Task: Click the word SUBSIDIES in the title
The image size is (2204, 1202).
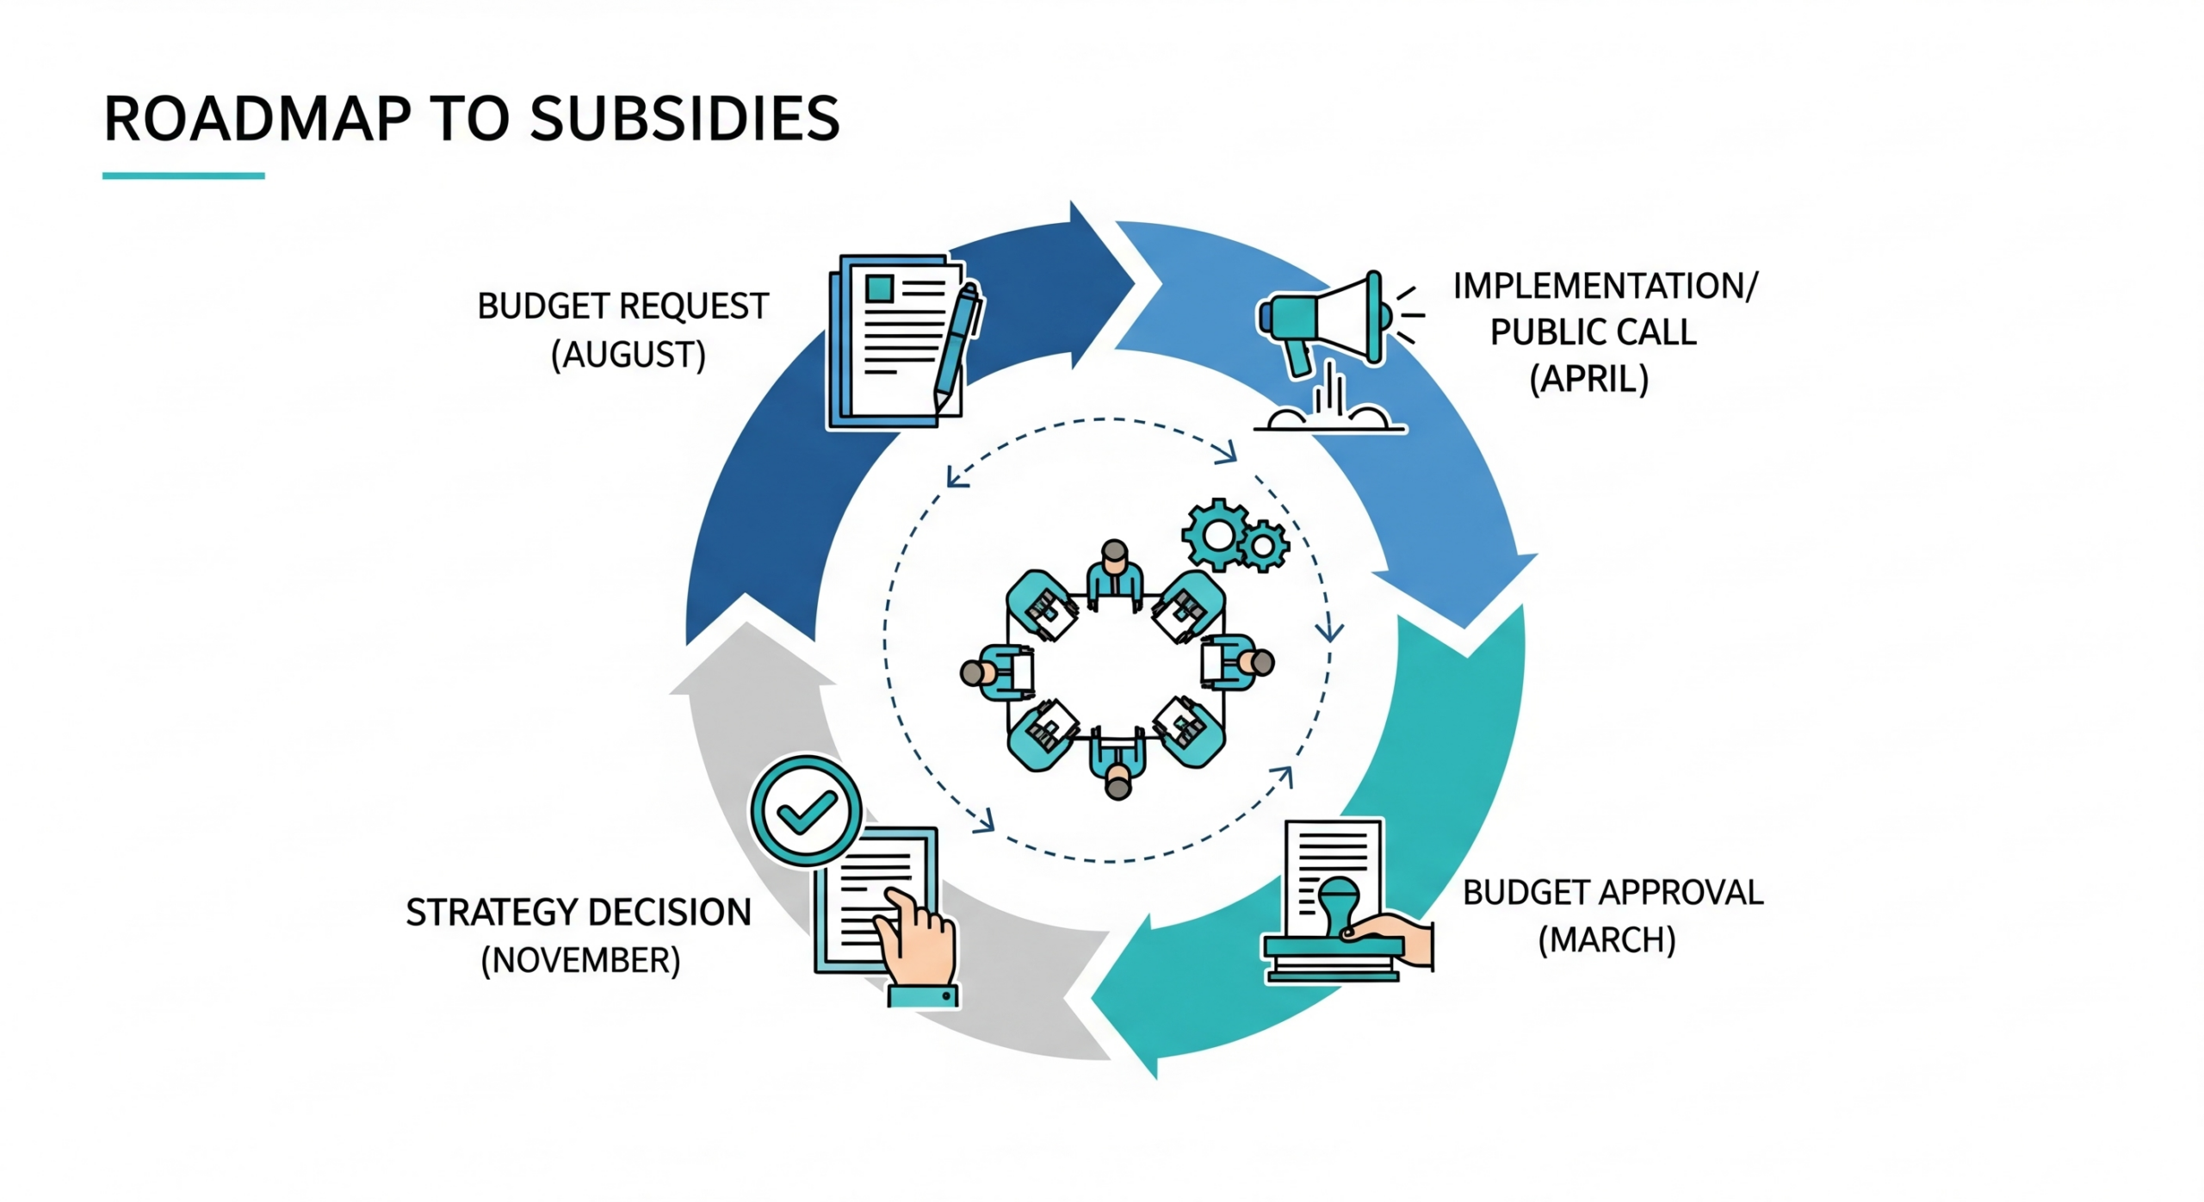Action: click(684, 119)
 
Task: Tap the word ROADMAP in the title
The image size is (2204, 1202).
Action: click(257, 119)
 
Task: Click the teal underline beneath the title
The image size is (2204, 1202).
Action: click(183, 176)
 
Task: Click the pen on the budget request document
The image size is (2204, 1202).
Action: click(958, 344)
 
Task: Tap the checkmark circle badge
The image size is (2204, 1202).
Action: click(806, 810)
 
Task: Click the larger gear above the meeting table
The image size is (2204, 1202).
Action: click(1217, 535)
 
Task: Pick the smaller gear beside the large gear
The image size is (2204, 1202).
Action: click(1263, 546)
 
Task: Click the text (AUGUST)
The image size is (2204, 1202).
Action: click(628, 355)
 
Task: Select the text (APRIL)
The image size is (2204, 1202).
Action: click(1588, 379)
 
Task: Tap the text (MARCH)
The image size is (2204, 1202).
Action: click(1607, 939)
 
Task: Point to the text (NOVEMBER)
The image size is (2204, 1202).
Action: click(580, 960)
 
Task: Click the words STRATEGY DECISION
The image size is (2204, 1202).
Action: click(579, 913)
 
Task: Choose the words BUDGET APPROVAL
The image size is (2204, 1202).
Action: click(1613, 892)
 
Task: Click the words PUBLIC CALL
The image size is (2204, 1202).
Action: click(1593, 332)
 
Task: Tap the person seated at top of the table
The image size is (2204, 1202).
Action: click(1115, 573)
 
